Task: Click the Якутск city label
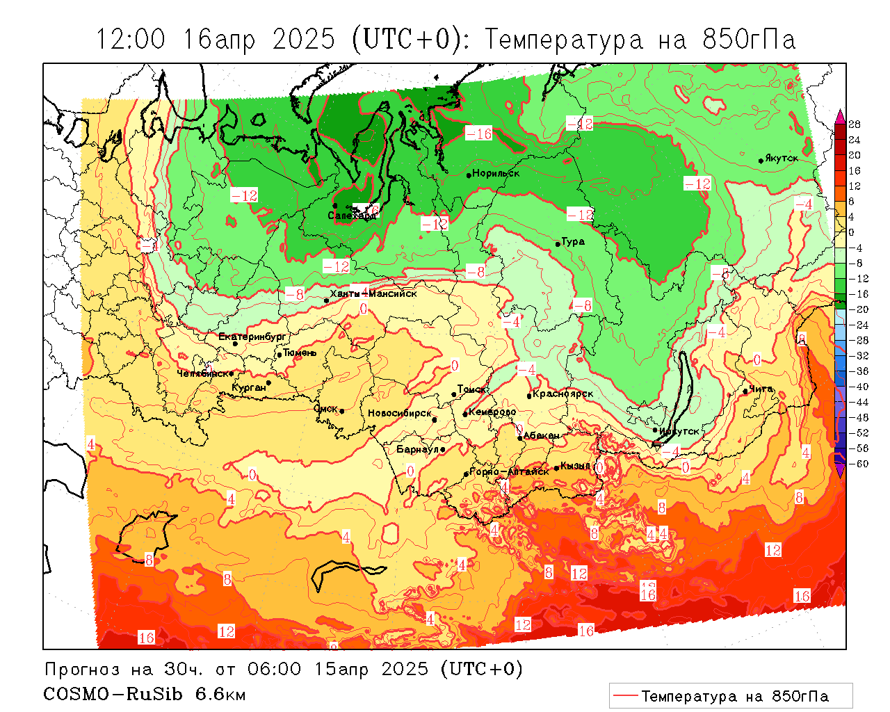click(x=782, y=159)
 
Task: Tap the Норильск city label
click(x=496, y=173)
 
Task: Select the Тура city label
click(x=573, y=242)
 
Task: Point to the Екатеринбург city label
click(x=252, y=337)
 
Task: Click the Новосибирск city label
click(x=399, y=413)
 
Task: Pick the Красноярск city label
click(x=563, y=394)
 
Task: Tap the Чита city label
click(x=761, y=389)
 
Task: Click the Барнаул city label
click(x=417, y=450)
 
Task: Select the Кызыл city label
click(x=576, y=466)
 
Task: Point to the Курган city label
click(x=249, y=387)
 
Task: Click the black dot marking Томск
click(x=454, y=394)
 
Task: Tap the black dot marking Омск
click(x=341, y=412)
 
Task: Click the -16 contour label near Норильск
click(x=478, y=133)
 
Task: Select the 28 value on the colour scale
click(x=855, y=124)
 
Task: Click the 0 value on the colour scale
click(x=851, y=232)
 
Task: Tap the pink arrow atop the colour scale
click(x=840, y=115)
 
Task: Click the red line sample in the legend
click(x=625, y=696)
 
